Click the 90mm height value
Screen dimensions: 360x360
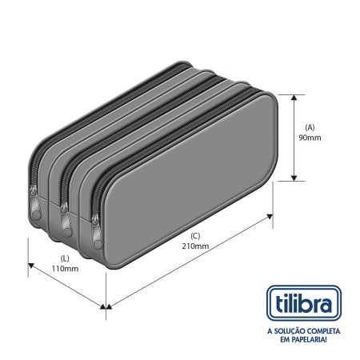coord(310,138)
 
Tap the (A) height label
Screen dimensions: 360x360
coord(310,127)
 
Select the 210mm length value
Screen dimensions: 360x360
coord(195,246)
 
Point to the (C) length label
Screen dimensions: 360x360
coord(195,236)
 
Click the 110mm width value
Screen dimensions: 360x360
coord(65,269)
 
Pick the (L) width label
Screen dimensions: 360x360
coord(65,258)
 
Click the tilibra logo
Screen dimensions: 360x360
coord(304,302)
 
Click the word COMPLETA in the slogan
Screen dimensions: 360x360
coord(323,331)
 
